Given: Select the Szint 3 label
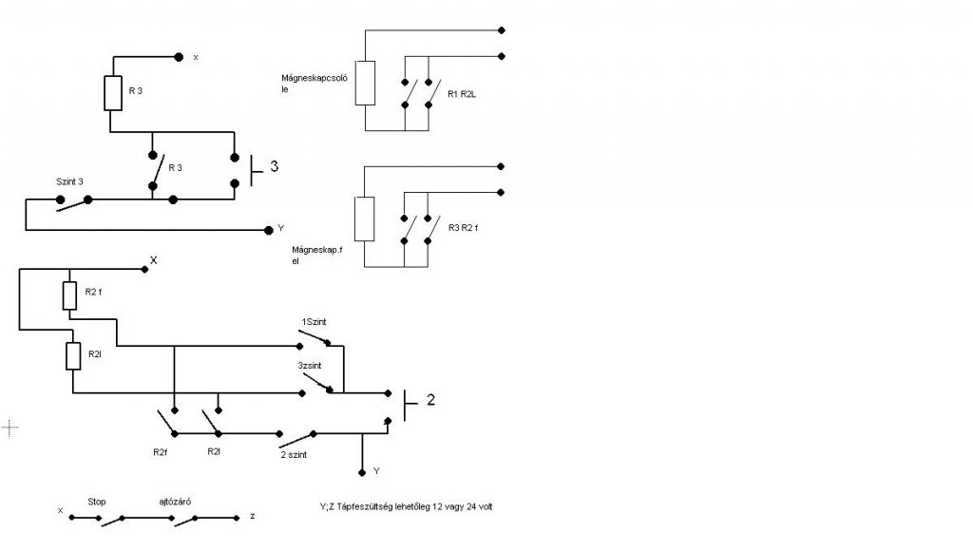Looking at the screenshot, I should [x=70, y=181].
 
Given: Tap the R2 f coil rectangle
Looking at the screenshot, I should [x=69, y=295].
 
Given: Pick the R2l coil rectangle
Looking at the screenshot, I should [x=73, y=356].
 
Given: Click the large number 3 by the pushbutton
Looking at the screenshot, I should [x=275, y=168].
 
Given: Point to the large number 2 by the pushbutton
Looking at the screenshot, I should [x=430, y=400].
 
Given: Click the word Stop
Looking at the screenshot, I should [x=97, y=500].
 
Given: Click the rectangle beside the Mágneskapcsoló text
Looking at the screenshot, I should [x=366, y=83].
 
